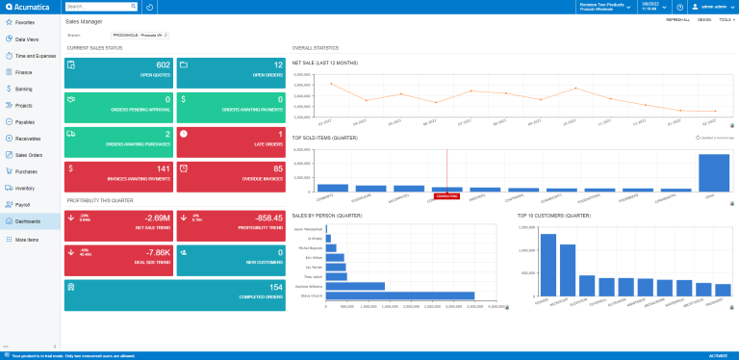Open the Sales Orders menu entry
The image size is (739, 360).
(28, 154)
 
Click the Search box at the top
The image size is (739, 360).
(101, 7)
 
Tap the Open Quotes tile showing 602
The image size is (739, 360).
(118, 70)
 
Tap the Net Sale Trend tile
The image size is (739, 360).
(118, 224)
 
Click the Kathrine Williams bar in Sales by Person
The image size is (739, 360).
(356, 286)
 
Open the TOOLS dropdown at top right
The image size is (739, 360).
(725, 19)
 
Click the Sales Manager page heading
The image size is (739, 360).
(84, 20)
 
